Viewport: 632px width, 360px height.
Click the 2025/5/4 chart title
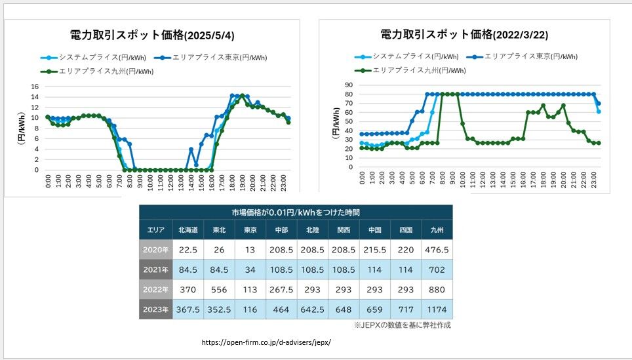point(152,35)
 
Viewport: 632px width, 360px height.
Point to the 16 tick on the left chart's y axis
point(36,86)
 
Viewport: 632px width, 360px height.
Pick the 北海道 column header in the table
point(188,230)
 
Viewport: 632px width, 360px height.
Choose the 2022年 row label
point(155,289)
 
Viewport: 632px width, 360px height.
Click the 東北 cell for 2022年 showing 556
point(220,289)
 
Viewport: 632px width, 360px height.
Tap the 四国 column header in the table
point(405,230)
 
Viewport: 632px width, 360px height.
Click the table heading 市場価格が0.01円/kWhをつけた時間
point(295,212)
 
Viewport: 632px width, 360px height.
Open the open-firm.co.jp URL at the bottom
point(265,342)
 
